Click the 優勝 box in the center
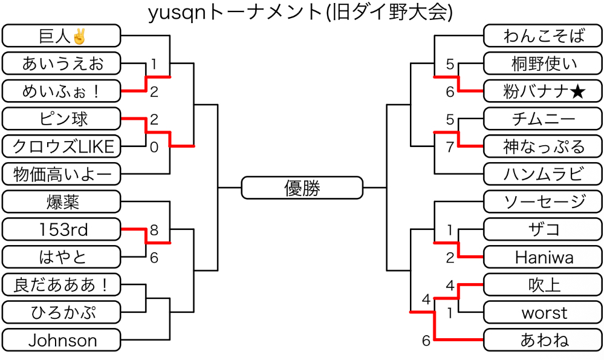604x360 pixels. [x=302, y=188]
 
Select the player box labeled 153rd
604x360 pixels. [x=62, y=229]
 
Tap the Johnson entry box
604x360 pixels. [x=62, y=340]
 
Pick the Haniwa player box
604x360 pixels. [x=544, y=257]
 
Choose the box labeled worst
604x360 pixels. [x=544, y=313]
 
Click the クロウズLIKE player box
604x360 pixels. [x=62, y=146]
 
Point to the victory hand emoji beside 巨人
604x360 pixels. [x=79, y=36]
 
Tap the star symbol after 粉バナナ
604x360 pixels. [x=577, y=91]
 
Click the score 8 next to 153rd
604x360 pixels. [x=154, y=230]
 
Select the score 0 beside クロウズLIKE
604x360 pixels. [x=154, y=146]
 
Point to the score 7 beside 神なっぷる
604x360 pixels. [x=449, y=146]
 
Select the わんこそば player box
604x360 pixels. [x=544, y=36]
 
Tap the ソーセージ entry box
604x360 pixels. [x=544, y=201]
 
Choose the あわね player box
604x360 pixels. [x=544, y=340]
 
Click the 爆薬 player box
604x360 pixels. [x=62, y=201]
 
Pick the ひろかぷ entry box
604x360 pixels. [x=62, y=312]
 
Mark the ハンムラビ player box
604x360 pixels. [x=544, y=174]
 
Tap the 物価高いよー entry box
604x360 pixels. [x=62, y=174]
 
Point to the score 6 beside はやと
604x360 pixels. [x=154, y=258]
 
